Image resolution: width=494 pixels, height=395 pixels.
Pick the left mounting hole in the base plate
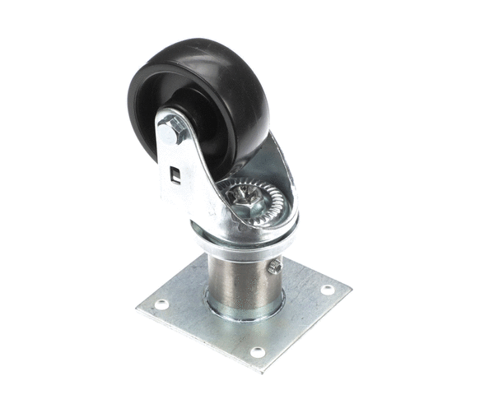click(x=162, y=304)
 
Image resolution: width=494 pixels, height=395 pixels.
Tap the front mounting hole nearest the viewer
click(x=258, y=351)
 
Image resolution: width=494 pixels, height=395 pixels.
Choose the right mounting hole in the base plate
click(x=327, y=290)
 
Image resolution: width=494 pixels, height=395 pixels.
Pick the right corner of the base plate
click(x=349, y=289)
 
